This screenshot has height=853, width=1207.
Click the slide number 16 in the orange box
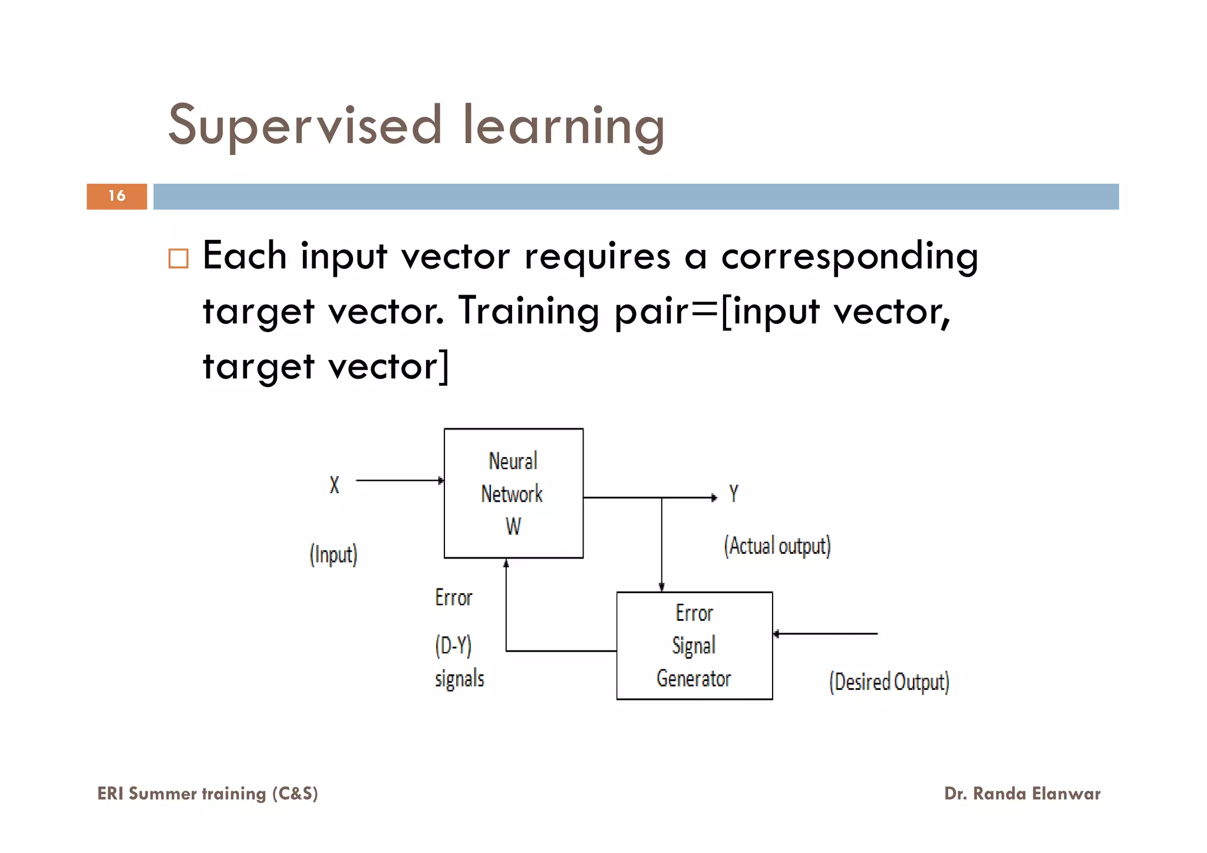point(117,196)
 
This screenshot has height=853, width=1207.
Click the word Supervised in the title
point(305,125)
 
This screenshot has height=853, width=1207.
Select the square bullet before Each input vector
point(178,259)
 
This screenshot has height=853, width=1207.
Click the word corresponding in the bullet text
point(849,257)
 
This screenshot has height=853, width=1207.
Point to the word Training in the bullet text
point(529,311)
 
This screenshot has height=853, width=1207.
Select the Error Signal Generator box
point(694,646)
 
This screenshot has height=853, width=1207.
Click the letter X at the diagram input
point(334,485)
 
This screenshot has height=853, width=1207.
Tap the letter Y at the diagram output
point(734,494)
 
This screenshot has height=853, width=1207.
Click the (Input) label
point(334,555)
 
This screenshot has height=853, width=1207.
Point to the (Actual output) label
point(777,546)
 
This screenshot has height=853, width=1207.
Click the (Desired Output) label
point(889,682)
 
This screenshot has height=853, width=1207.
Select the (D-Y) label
point(453,646)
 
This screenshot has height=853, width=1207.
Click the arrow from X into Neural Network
point(400,481)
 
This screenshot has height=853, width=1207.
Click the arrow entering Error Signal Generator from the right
point(825,634)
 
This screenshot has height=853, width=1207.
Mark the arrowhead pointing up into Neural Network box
point(506,564)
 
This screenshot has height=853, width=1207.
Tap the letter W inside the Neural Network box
point(513,527)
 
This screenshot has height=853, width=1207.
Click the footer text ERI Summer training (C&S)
point(207,794)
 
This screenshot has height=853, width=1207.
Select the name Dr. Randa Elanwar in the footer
point(1022,794)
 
